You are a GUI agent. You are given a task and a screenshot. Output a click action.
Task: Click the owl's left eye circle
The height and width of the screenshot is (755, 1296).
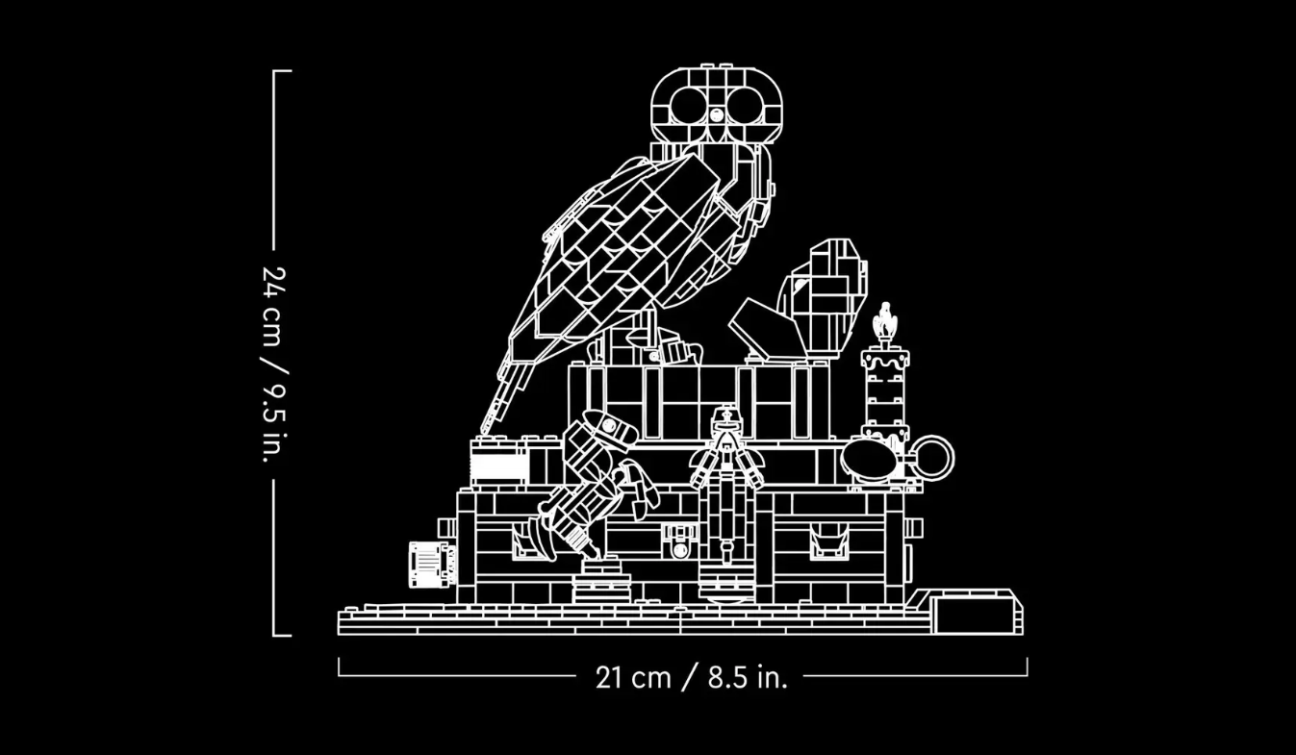tap(687, 105)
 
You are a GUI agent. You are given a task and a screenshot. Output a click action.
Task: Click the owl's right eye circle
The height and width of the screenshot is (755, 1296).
tap(745, 105)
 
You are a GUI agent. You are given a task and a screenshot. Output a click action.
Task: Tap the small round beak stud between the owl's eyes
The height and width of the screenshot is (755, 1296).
tap(716, 114)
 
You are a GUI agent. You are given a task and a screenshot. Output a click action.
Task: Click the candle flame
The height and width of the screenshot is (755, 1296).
tap(884, 319)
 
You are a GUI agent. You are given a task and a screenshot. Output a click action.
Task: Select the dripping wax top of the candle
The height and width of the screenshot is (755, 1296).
tap(884, 359)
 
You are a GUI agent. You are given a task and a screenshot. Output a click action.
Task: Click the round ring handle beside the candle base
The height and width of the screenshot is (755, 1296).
tap(931, 458)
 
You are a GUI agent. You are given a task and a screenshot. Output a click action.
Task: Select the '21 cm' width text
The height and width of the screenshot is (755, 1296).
tap(633, 677)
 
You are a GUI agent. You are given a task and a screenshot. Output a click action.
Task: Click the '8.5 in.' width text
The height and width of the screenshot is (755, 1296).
tap(747, 677)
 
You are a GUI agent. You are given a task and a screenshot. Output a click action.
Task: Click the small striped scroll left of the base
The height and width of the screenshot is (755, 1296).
tap(429, 564)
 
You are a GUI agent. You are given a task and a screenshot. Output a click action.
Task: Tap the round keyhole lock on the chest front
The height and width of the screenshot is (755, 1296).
tap(680, 548)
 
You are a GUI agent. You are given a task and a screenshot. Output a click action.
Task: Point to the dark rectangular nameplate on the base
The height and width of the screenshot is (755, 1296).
tap(977, 616)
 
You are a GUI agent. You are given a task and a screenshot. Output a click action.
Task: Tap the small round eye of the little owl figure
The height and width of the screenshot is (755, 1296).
tap(800, 285)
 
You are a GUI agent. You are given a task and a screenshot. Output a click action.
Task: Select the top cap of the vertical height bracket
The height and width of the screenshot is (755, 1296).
tap(282, 71)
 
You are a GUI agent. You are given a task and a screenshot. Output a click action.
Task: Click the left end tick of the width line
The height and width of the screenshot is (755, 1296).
tap(339, 666)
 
